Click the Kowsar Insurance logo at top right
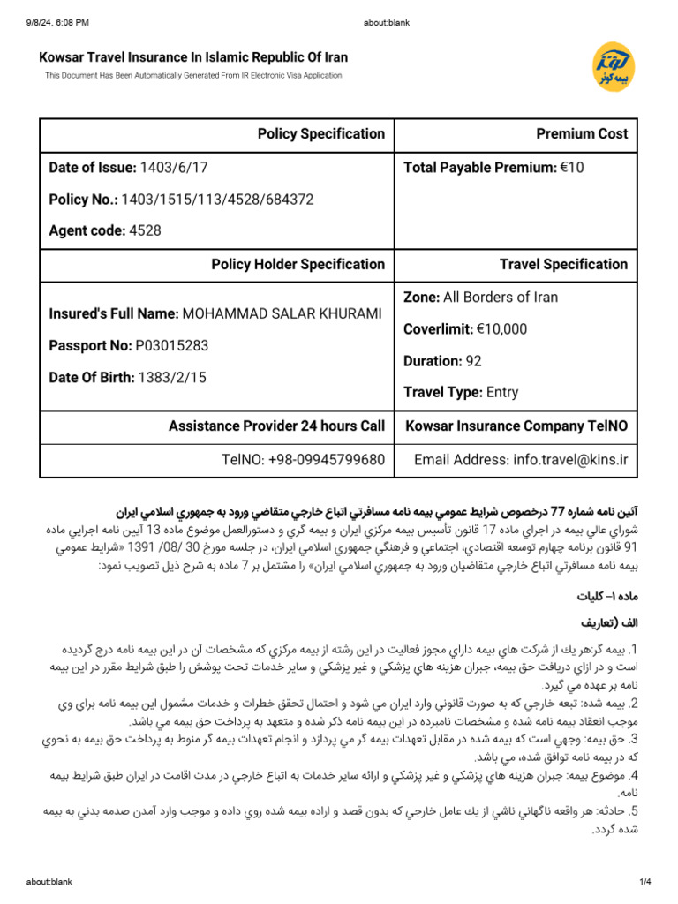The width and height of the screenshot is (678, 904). pyautogui.click(x=609, y=65)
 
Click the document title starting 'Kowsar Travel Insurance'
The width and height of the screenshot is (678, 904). pyautogui.click(x=193, y=57)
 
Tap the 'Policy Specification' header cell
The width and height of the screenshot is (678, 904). pyautogui.click(x=320, y=134)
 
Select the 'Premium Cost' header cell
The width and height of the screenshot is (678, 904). pyautogui.click(x=582, y=134)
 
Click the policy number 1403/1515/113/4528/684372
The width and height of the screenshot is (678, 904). pyautogui.click(x=217, y=200)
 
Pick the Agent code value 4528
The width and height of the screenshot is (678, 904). pyautogui.click(x=145, y=231)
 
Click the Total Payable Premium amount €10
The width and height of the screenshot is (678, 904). pyautogui.click(x=572, y=168)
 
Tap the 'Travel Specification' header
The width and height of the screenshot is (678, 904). pyautogui.click(x=563, y=264)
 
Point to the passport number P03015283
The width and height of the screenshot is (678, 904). pyautogui.click(x=172, y=346)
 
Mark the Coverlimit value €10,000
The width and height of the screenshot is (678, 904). pyautogui.click(x=497, y=329)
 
